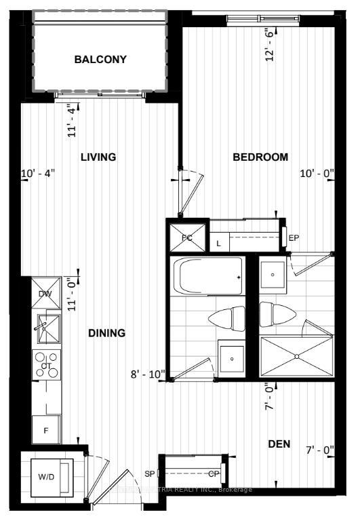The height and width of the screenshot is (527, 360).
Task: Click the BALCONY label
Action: [100, 60]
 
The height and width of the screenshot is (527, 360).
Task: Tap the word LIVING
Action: [98, 157]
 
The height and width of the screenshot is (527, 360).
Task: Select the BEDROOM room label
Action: [260, 157]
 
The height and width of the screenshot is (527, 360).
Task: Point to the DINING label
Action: [106, 333]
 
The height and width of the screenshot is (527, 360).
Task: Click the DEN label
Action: [279, 444]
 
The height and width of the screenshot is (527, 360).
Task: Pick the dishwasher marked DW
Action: [45, 293]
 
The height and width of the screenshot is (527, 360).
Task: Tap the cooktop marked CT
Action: [47, 365]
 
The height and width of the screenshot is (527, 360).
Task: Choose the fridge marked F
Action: [46, 429]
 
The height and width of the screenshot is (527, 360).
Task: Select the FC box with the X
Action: [186, 237]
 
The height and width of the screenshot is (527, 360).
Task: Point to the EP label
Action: [294, 238]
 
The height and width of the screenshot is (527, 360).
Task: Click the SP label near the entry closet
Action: [149, 473]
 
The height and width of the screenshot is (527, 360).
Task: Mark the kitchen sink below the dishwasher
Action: [46, 328]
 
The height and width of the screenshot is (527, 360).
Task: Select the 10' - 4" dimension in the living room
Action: [38, 173]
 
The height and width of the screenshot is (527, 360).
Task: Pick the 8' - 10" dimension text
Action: [148, 374]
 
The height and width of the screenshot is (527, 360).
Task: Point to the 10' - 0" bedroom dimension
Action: [317, 173]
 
